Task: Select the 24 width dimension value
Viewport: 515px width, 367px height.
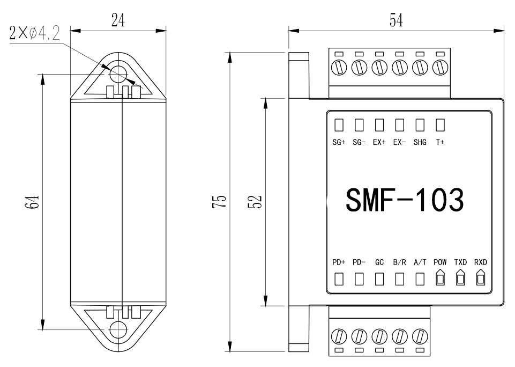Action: pyautogui.click(x=118, y=20)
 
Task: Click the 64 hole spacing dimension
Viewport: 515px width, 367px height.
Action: pyautogui.click(x=33, y=202)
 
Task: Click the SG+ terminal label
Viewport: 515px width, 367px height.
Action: pyautogui.click(x=339, y=143)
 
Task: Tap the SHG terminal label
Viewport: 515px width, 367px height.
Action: pyautogui.click(x=420, y=143)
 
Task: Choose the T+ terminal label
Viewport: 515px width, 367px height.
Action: pyautogui.click(x=440, y=143)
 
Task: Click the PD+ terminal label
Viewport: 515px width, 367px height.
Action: pyautogui.click(x=339, y=263)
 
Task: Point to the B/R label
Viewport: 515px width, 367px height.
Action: pyautogui.click(x=399, y=263)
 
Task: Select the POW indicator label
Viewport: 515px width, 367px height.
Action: pyautogui.click(x=440, y=263)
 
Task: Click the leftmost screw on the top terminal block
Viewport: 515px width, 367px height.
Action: pyautogui.click(x=339, y=68)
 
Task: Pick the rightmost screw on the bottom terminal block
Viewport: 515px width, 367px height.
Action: pyautogui.click(x=420, y=336)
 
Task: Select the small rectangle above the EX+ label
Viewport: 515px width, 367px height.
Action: pyautogui.click(x=379, y=125)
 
